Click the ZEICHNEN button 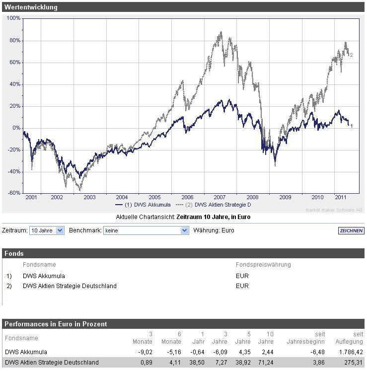(x=351, y=231)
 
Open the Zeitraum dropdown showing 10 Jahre (x=47, y=230)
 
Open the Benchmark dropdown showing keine (x=146, y=230)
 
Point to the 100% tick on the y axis (x=14, y=18)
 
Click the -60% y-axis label (x=14, y=193)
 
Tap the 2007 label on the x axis (x=219, y=197)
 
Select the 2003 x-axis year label (x=89, y=197)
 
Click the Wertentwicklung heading (x=31, y=7)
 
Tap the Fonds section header (x=14, y=253)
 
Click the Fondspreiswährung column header (x=263, y=265)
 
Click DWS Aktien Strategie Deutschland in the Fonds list (x=70, y=286)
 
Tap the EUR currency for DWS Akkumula (x=242, y=276)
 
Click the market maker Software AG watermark (x=334, y=210)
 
